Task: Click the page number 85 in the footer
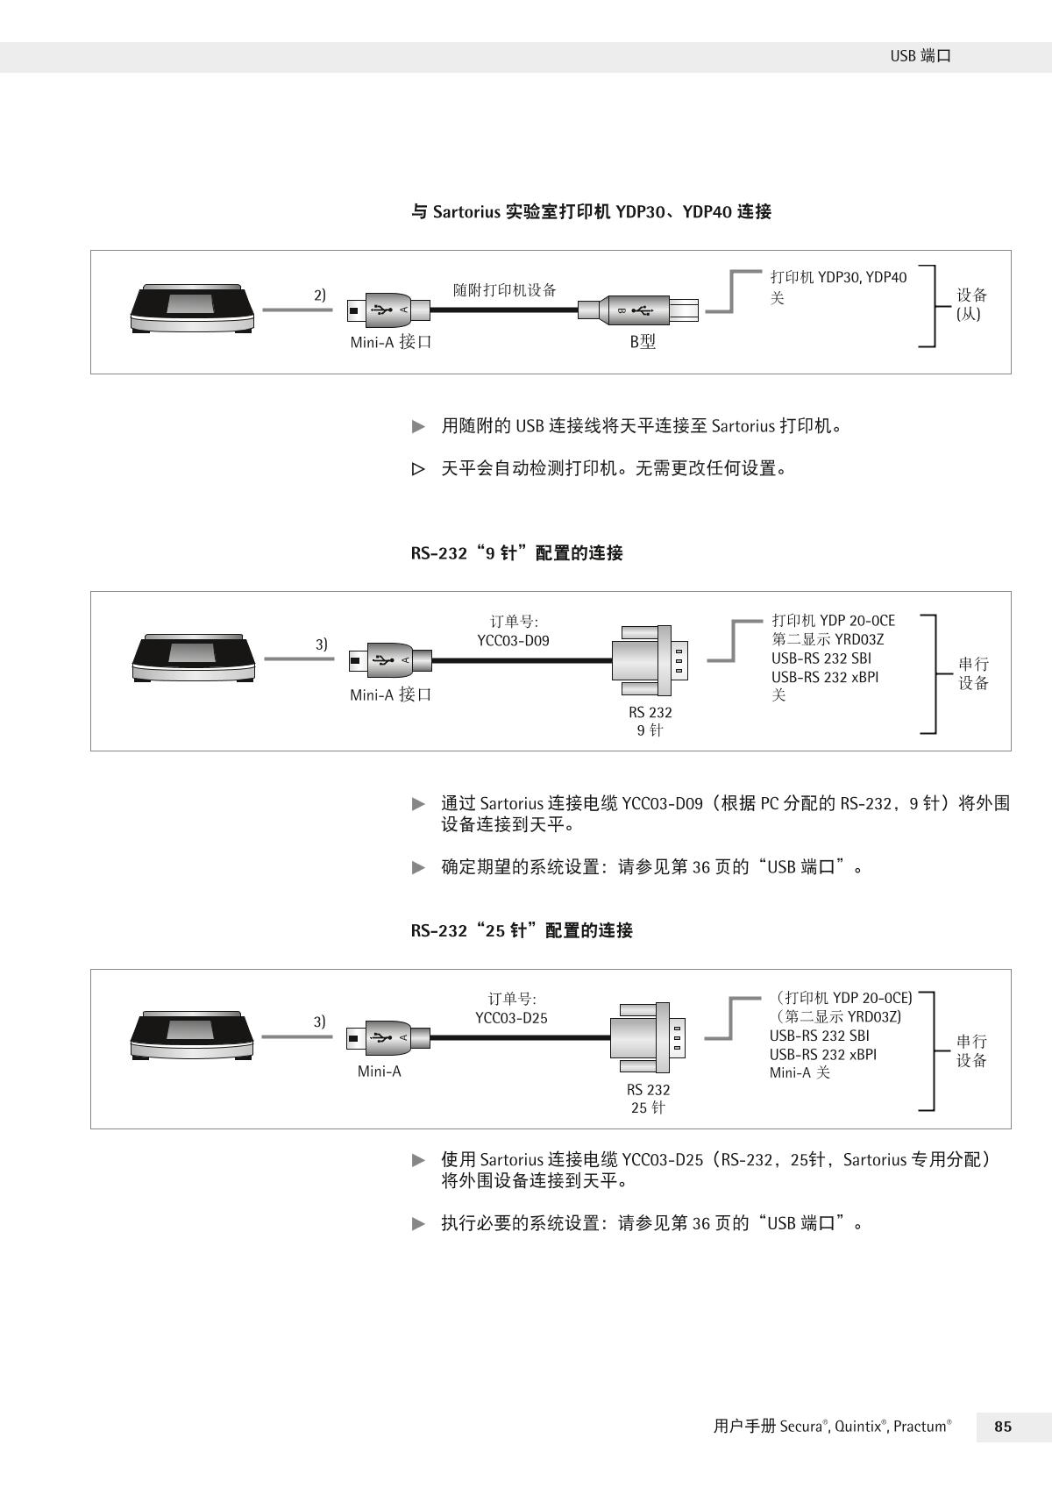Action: pos(1003,1427)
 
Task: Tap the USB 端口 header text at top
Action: pos(920,56)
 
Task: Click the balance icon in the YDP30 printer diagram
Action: pos(192,308)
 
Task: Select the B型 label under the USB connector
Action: pos(643,342)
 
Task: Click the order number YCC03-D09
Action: pos(513,641)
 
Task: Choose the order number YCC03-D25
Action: pos(511,1018)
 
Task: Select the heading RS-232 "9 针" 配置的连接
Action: pos(516,553)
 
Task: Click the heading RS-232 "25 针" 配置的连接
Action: pos(521,930)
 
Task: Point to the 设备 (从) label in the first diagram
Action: pos(971,304)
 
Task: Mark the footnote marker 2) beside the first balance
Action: pos(320,295)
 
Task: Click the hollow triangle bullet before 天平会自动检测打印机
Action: pos(418,469)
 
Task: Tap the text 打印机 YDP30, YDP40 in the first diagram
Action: pos(838,278)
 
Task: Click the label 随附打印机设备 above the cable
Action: pos(504,290)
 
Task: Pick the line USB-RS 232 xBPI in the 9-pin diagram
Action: pos(825,677)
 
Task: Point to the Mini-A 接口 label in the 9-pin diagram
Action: pos(391,695)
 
